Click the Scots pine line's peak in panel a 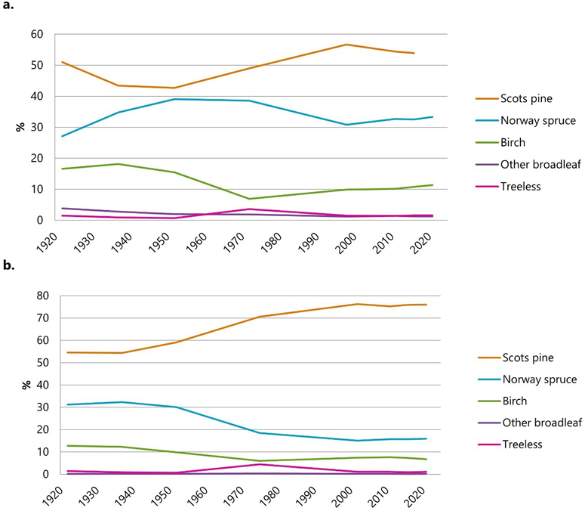(x=346, y=45)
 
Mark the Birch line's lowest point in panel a (x=249, y=199)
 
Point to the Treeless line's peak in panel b (x=258, y=464)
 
